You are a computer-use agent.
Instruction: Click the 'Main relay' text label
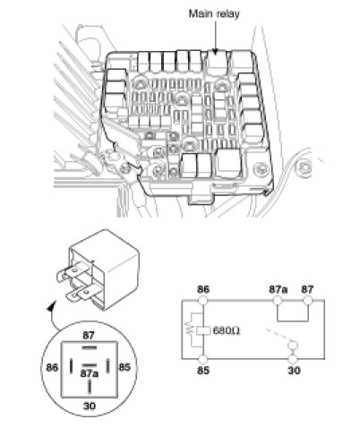(214, 13)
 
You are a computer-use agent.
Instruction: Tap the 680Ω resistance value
(227, 330)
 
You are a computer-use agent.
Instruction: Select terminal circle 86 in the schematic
(203, 300)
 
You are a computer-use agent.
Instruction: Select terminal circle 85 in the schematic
(203, 359)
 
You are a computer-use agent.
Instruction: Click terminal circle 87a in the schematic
(278, 300)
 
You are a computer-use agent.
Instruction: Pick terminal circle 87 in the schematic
(307, 300)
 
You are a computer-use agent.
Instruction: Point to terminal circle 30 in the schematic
(294, 359)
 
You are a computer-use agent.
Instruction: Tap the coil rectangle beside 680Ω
(203, 330)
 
